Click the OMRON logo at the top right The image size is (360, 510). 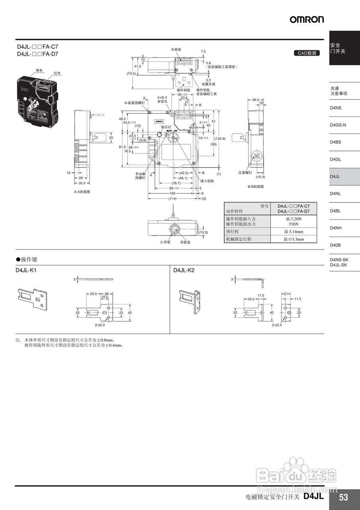(307, 19)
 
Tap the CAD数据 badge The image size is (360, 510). (307, 53)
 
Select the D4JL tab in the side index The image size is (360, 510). (335, 177)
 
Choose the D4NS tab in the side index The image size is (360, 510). (335, 108)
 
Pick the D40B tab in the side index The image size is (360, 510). (335, 245)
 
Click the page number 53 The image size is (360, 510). (343, 497)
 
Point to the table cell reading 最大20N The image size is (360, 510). (293, 219)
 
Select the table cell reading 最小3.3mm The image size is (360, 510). (293, 239)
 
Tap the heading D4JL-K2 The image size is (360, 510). (184, 270)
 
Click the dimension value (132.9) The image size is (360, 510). (220, 139)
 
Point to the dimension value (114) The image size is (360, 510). (172, 198)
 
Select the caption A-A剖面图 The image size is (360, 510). (82, 192)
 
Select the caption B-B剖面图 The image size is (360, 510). (256, 186)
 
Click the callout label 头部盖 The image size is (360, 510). (176, 49)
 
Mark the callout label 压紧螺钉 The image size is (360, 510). (245, 173)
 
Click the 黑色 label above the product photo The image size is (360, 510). (39, 70)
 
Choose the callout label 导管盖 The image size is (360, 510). (185, 242)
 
